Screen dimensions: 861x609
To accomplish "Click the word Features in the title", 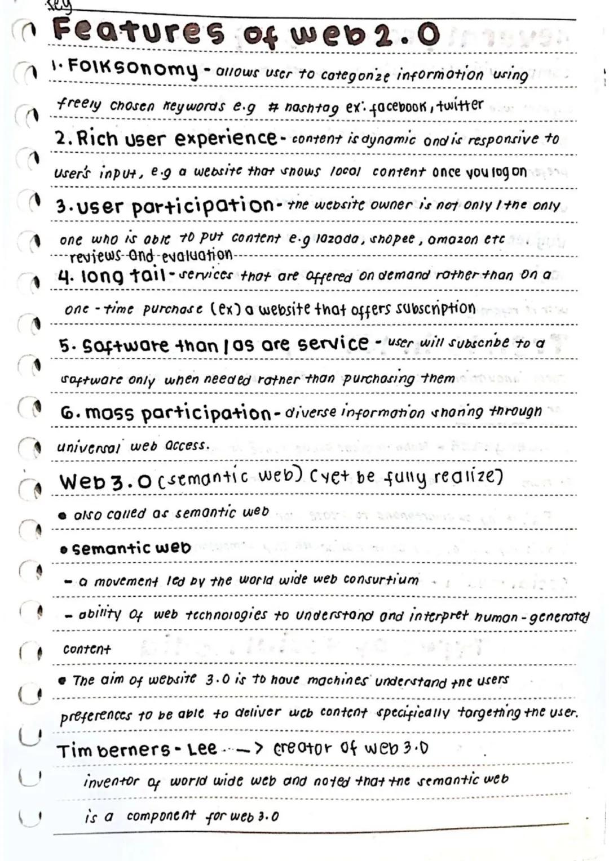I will (x=138, y=32).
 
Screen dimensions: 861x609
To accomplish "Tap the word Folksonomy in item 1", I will (x=133, y=69).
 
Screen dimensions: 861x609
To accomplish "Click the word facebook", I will (x=396, y=106).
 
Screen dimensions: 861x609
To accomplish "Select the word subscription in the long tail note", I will (x=435, y=309).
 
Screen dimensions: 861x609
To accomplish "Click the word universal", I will (x=89, y=447).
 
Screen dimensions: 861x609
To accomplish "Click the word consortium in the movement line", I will (x=381, y=580).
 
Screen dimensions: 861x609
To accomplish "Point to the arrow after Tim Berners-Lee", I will (x=248, y=749).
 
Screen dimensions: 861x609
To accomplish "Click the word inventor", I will (x=111, y=782).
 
